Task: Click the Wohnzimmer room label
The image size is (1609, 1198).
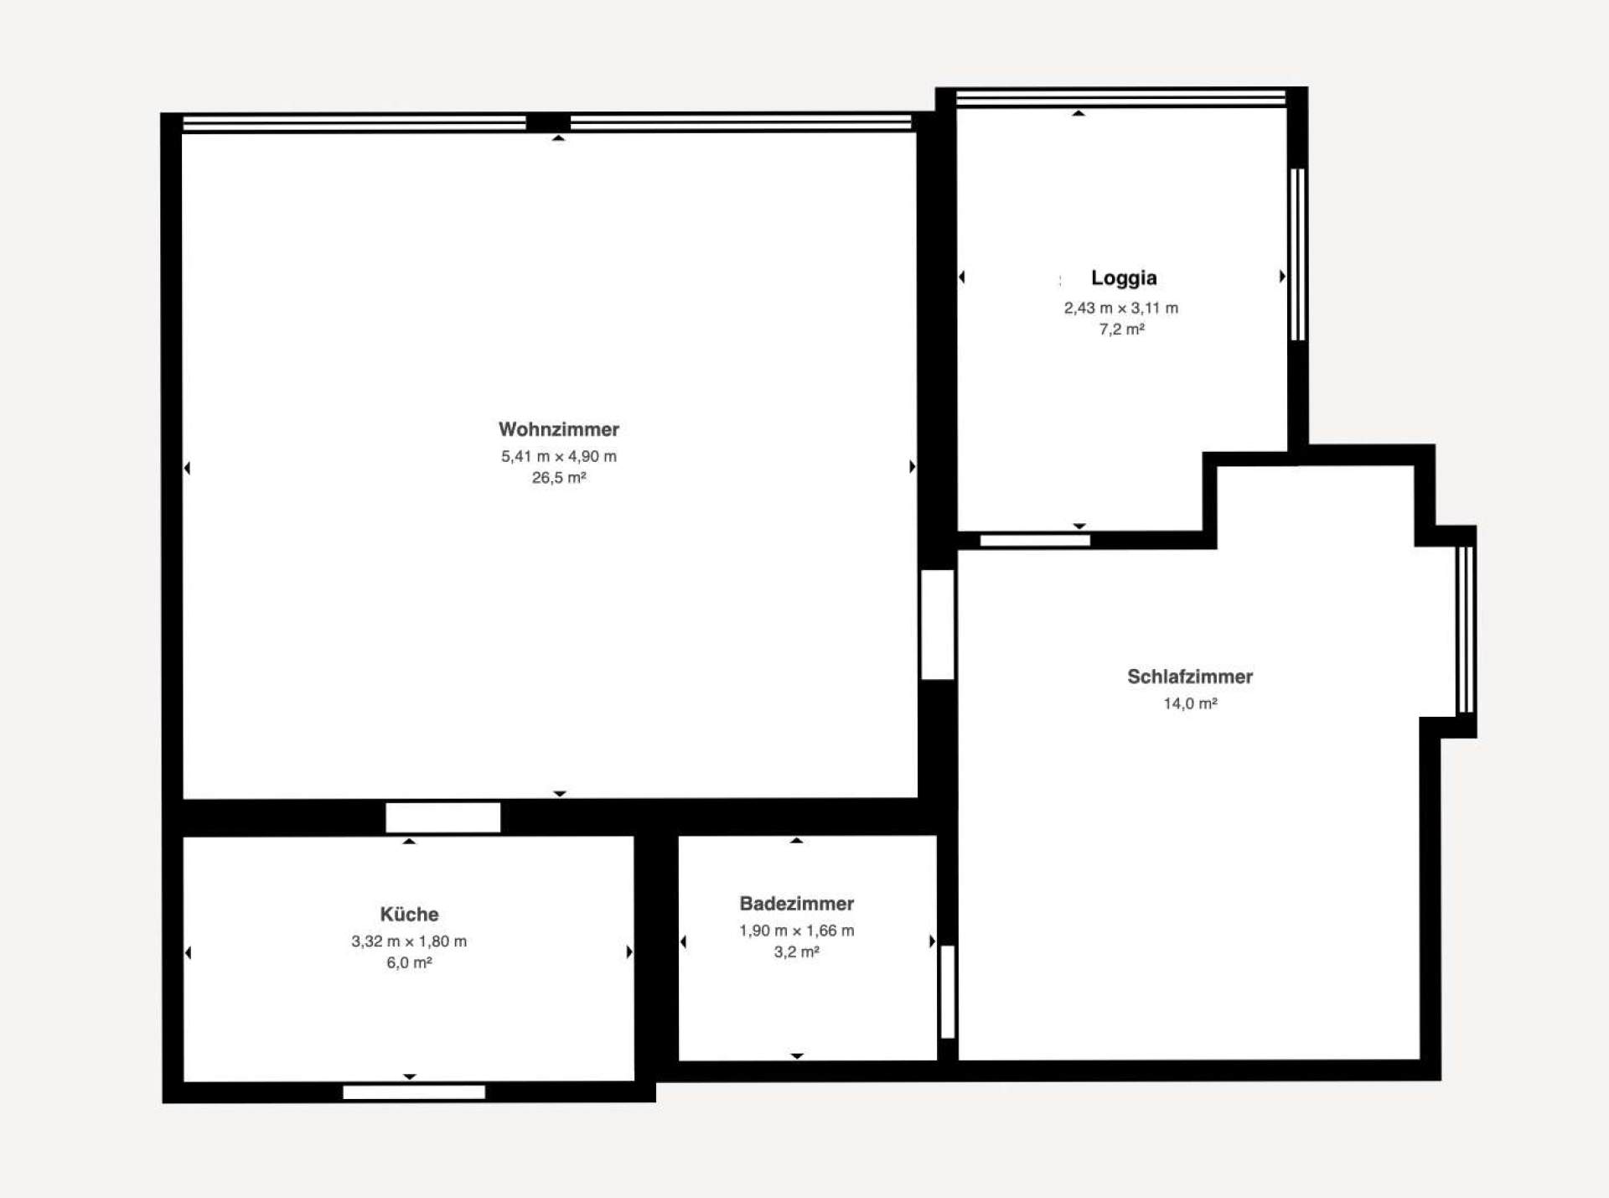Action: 558,429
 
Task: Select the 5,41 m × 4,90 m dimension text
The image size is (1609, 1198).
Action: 558,457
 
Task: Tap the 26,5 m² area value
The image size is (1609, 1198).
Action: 558,478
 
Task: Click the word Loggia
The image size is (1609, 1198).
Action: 1123,277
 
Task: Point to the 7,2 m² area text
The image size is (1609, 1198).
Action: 1121,329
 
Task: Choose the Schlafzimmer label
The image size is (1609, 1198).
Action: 1189,677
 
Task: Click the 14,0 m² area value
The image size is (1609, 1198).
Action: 1189,703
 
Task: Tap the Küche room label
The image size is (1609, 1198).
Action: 409,914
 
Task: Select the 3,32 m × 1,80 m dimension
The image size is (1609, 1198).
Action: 409,941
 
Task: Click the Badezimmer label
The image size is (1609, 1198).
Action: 796,904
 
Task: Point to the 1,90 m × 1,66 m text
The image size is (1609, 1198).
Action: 796,931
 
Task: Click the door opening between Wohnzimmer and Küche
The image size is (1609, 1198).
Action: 442,817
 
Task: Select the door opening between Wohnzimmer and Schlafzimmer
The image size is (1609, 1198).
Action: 937,625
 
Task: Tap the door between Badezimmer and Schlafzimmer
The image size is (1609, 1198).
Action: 947,992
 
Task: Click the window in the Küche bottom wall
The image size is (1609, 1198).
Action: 414,1092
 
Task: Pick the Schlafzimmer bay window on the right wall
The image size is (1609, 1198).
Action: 1464,630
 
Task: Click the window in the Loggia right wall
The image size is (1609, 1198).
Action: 1297,254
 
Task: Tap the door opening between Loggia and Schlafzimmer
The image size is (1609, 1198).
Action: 1035,541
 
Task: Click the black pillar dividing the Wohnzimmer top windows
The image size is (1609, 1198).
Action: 548,123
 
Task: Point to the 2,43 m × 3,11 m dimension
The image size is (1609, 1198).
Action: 1121,309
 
